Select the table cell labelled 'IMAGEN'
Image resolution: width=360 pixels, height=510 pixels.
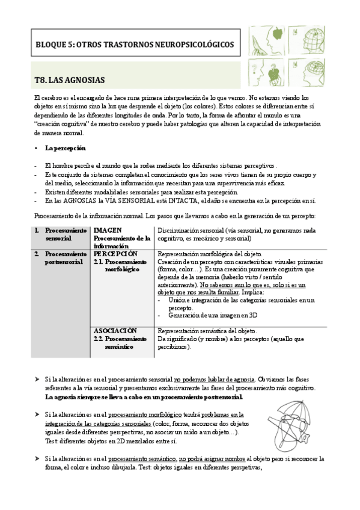point(108,230)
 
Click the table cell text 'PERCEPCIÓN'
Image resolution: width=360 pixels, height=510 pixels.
point(115,254)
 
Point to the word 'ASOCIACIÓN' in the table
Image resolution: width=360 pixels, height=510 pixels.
point(115,331)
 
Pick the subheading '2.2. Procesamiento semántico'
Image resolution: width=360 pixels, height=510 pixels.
point(124,343)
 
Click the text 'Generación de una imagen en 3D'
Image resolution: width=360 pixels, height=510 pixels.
point(213,315)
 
